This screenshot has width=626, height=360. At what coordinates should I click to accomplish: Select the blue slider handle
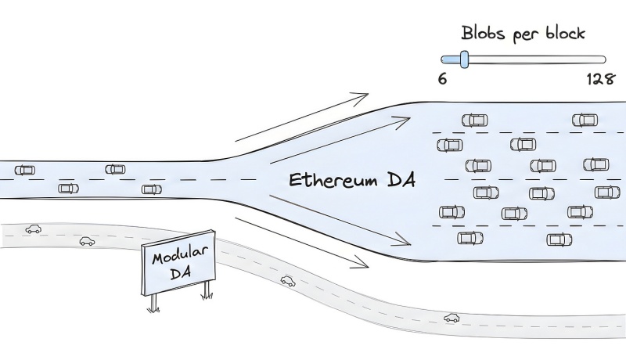coord(464,59)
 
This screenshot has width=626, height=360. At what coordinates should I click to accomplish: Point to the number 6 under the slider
coord(443,79)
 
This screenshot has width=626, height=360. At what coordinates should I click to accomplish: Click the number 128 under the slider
coord(599,79)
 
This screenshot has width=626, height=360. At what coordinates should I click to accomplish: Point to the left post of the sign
coord(152,302)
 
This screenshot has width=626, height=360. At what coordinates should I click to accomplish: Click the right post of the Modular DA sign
coord(207,290)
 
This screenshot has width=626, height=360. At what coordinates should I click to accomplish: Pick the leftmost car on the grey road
coord(33,229)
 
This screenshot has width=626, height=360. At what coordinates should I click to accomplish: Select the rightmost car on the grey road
coord(452,318)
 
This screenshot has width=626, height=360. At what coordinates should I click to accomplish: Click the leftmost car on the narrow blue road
coord(25,170)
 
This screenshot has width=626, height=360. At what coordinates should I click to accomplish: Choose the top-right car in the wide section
coord(585,120)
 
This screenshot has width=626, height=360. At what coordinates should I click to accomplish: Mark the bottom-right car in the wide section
coord(559,239)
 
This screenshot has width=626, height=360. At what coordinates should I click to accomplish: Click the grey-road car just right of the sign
coord(288,280)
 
